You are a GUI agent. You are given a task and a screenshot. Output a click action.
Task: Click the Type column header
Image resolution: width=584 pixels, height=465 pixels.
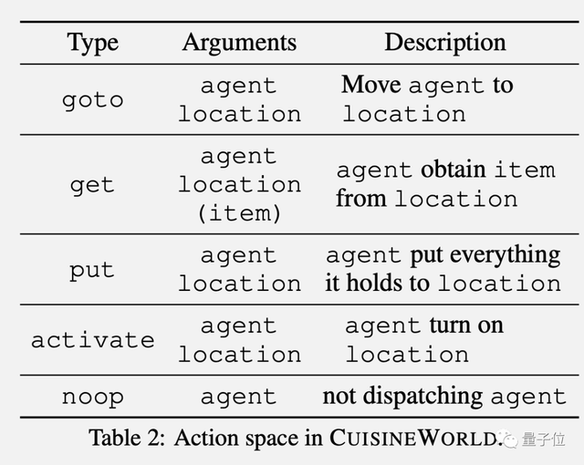(92, 43)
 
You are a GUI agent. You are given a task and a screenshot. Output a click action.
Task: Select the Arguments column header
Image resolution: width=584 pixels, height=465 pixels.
(239, 43)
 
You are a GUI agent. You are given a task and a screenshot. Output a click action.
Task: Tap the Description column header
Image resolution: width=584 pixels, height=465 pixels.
(444, 43)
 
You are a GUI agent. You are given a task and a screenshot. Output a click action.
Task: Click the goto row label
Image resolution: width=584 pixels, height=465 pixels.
(92, 99)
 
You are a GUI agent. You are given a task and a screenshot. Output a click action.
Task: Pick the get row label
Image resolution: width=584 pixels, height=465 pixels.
(92, 184)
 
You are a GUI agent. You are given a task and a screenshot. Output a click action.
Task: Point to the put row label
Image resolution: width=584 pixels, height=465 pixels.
(92, 270)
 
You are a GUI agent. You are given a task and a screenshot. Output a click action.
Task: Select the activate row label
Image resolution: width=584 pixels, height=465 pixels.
(92, 340)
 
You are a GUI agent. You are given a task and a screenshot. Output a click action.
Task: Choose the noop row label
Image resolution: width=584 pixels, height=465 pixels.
(92, 397)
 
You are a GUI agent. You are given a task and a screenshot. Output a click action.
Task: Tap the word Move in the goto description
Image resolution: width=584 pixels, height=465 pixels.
(371, 86)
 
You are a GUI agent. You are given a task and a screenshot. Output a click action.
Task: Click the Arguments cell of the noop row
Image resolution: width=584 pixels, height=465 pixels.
(239, 397)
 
